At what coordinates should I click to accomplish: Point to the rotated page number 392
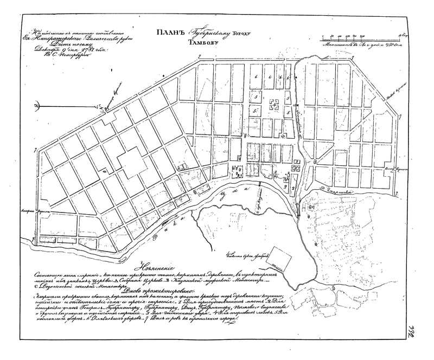(x=419, y=342)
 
